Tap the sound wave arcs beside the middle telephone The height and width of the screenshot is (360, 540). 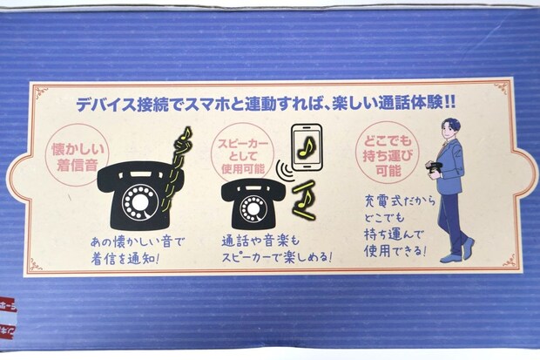click(x=281, y=167)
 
